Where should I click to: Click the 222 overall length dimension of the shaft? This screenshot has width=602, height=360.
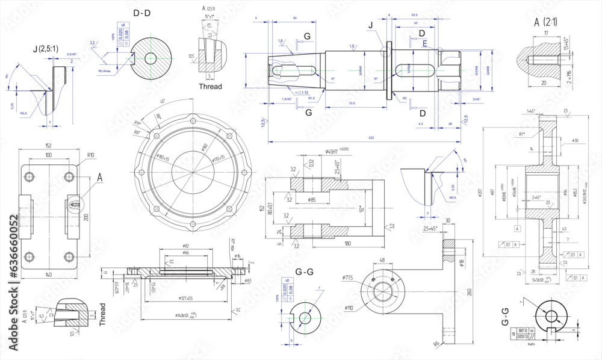tap(371, 138)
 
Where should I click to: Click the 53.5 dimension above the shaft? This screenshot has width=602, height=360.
tap(414, 14)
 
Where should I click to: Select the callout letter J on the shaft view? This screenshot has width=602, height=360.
tap(370, 25)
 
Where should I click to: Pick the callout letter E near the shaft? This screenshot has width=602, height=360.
tap(425, 43)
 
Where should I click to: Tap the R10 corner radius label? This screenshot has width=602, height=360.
tap(91, 155)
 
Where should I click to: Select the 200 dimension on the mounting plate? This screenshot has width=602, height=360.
tap(86, 217)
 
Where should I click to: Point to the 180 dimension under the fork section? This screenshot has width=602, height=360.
tap(347, 244)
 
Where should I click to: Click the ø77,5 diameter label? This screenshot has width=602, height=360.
tap(347, 278)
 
